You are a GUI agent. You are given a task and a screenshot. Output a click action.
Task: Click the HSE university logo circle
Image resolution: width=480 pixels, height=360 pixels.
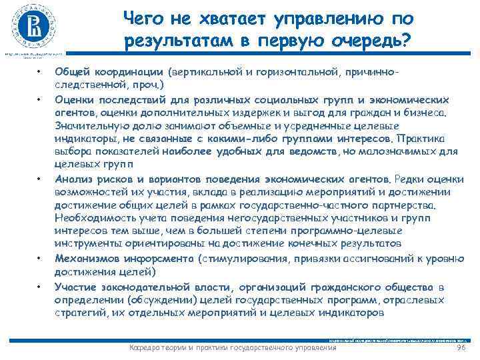click(33, 26)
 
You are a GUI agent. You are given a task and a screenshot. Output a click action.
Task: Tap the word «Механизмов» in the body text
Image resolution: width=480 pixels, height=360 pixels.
click(84, 258)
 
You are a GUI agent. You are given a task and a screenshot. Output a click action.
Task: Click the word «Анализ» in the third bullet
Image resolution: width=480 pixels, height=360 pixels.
click(72, 179)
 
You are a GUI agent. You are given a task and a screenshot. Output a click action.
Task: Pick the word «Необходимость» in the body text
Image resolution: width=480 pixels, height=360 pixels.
click(90, 218)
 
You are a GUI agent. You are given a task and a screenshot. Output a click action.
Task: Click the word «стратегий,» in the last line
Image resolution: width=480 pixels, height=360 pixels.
click(77, 311)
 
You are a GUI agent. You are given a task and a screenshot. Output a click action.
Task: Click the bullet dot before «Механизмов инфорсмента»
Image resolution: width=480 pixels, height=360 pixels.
click(40, 258)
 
